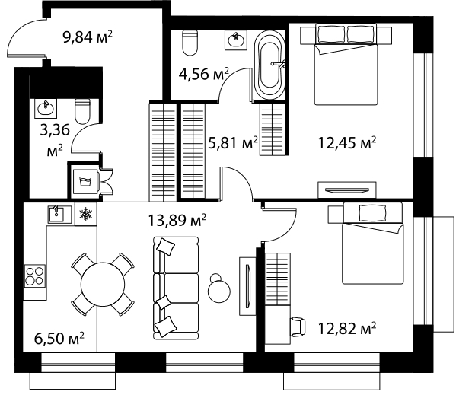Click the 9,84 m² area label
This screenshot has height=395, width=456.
pyautogui.click(x=88, y=37)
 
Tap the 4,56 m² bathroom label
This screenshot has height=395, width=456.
pyautogui.click(x=203, y=74)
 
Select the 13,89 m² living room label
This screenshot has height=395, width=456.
pyautogui.click(x=177, y=220)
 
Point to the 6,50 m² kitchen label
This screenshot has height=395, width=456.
pyautogui.click(x=59, y=339)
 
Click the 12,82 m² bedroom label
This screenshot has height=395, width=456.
pyautogui.click(x=347, y=329)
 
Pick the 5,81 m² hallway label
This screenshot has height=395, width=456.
pyautogui.click(x=233, y=143)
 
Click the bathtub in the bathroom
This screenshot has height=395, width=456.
pyautogui.click(x=269, y=65)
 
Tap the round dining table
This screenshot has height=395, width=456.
pyautogui.click(x=103, y=284)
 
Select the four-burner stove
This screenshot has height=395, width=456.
pyautogui.click(x=35, y=276)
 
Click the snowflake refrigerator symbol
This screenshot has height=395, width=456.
pyautogui.click(x=86, y=214)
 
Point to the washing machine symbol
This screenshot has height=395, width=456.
pyautogui.click(x=86, y=182)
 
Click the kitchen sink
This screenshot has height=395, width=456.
pyautogui.click(x=59, y=214)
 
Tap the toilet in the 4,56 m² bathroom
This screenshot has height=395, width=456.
pyautogui.click(x=190, y=43)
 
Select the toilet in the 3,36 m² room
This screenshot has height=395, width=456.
pyautogui.click(x=82, y=112)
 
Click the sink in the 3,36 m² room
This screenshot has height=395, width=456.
pyautogui.click(x=46, y=108)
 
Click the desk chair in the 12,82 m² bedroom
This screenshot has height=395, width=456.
pyautogui.click(x=298, y=327)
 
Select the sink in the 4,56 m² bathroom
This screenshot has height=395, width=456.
pyautogui.click(x=236, y=40)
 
